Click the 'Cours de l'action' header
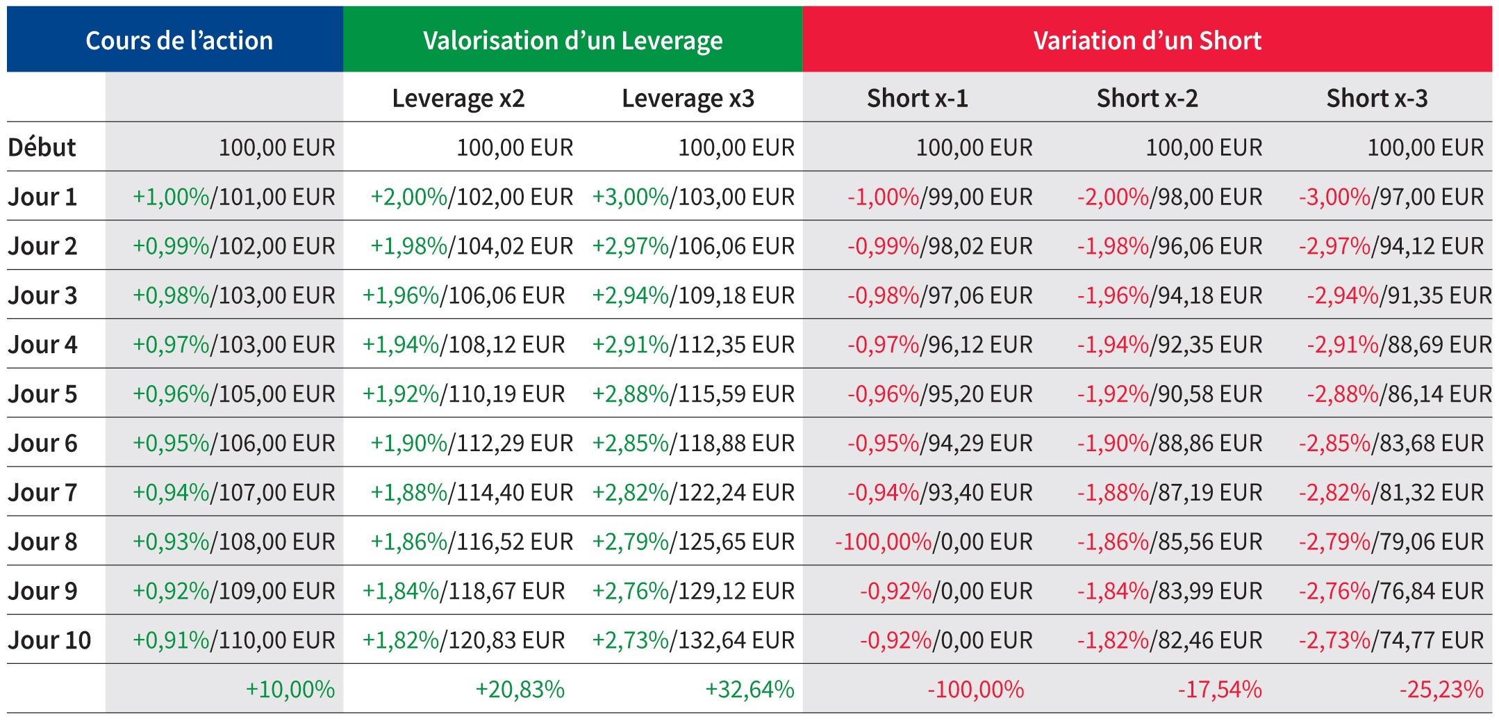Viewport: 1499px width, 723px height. click(x=179, y=40)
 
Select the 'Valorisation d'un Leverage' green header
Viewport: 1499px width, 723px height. click(x=572, y=40)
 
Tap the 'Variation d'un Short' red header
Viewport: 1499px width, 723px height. click(x=1147, y=40)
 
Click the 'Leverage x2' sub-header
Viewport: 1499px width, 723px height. click(x=458, y=98)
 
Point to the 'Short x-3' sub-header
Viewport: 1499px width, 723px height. click(x=1377, y=98)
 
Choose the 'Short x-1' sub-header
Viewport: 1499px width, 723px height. click(x=917, y=98)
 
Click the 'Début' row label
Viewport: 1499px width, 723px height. click(x=42, y=147)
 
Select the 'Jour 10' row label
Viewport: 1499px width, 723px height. click(x=49, y=640)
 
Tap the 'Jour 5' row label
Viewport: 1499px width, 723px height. click(x=42, y=394)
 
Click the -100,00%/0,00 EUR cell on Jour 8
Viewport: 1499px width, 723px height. click(x=934, y=542)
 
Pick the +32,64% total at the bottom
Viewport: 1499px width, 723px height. click(x=749, y=690)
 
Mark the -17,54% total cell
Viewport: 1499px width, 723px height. click(x=1220, y=690)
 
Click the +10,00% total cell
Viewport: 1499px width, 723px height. click(x=290, y=690)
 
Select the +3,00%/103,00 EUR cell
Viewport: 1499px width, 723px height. click(x=693, y=197)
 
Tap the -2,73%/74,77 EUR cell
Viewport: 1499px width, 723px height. click(x=1391, y=640)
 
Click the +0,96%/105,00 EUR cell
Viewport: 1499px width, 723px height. click(x=234, y=394)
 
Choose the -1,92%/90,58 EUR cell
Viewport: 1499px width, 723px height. click(x=1170, y=394)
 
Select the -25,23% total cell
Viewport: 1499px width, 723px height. click(x=1441, y=690)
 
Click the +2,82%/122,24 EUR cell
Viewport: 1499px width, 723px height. click(x=693, y=493)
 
